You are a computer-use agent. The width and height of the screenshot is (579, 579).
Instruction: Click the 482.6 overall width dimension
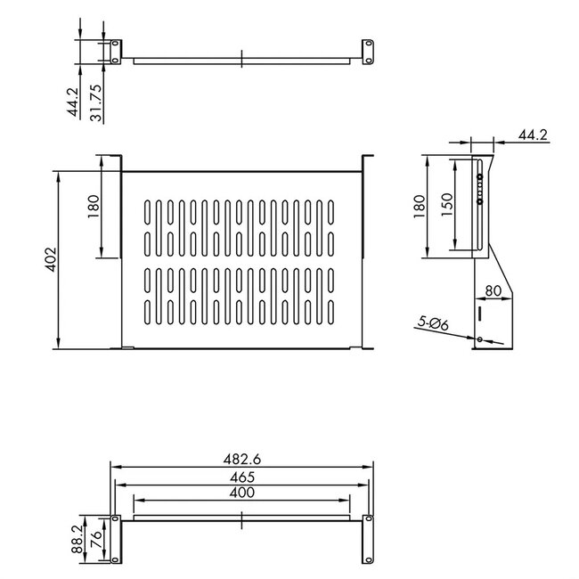pos(241,460)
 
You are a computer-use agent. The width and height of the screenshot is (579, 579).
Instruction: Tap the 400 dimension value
pos(241,493)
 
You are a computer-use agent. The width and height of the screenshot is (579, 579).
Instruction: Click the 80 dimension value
pos(495,290)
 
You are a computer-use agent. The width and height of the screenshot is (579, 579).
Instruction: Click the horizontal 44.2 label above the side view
pos(531,135)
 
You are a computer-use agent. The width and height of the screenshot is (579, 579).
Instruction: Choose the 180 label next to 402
pos(94,206)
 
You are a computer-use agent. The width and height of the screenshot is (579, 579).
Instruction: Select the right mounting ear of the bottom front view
pos(365,538)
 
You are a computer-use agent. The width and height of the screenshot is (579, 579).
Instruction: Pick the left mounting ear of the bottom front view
pos(115,538)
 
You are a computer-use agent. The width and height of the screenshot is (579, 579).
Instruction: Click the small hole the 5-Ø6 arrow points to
pos(480,339)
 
